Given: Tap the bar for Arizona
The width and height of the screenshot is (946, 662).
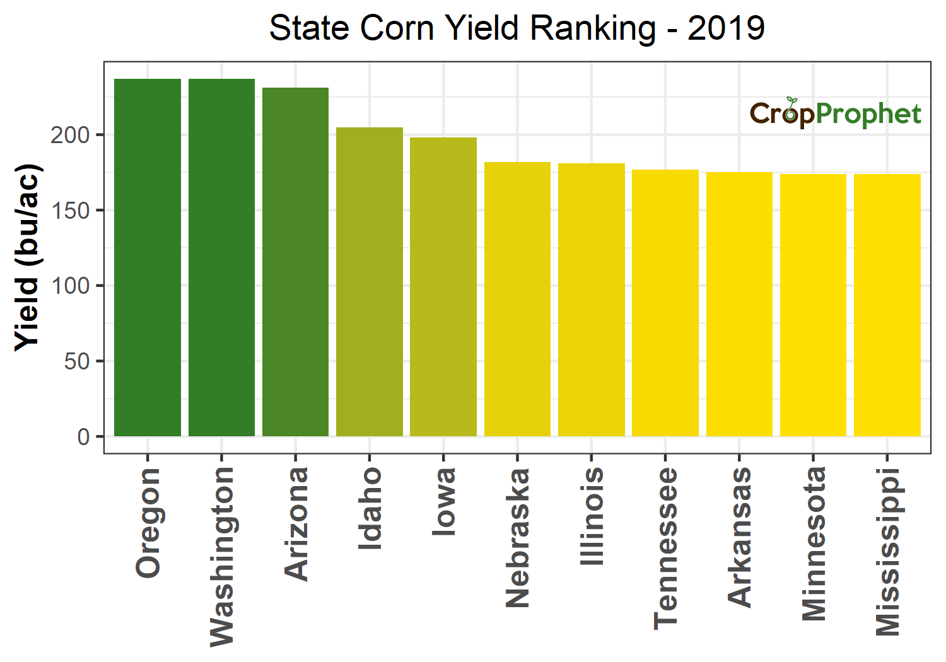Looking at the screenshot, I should point(295,262).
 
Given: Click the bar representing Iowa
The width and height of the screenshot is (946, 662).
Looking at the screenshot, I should point(443,287).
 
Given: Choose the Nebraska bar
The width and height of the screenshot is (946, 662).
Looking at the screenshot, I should point(517,299).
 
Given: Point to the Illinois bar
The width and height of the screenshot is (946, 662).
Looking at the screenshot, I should point(592,299).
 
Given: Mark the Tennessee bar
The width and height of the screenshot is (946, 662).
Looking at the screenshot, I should point(665,303).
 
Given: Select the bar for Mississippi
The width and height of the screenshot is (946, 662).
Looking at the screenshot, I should point(887,305).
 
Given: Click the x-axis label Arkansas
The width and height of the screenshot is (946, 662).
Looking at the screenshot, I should point(740,537).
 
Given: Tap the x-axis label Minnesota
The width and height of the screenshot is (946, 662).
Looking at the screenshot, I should point(814,543).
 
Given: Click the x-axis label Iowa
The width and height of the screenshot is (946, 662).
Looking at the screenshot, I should point(443,502).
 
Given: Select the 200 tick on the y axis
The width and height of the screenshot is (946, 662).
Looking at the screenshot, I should point(70,135).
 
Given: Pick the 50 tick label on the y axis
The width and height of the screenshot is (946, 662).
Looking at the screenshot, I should point(77,361).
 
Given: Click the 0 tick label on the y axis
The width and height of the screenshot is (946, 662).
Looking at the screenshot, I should point(83,436).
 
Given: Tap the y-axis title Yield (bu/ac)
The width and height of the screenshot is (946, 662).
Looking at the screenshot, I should point(27,257).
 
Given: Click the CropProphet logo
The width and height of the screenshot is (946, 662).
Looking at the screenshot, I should point(835,113).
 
